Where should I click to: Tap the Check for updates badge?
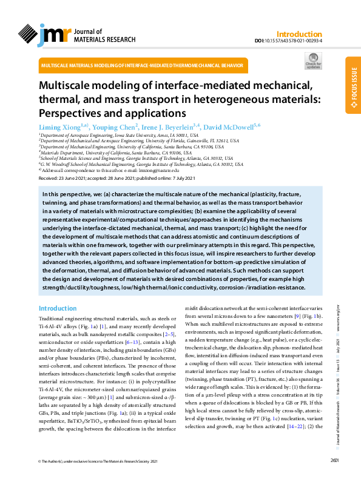click(313, 61)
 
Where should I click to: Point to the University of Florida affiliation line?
click(139, 141)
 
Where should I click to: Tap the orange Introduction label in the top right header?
click(299, 35)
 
